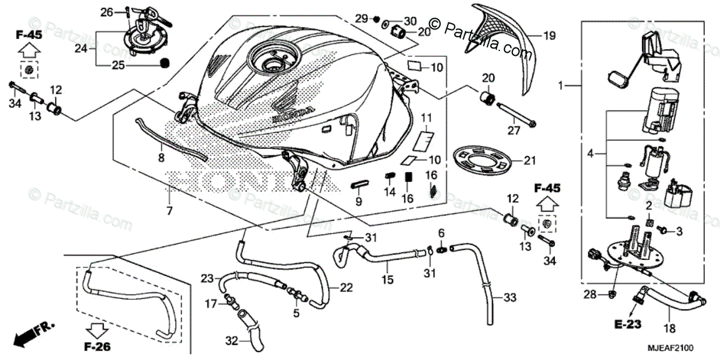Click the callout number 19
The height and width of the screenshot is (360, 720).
(x=550, y=36)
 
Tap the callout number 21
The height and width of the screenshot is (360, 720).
(x=529, y=160)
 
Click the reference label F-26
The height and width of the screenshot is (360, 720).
(x=97, y=346)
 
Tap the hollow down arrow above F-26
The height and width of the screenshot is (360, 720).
(x=97, y=329)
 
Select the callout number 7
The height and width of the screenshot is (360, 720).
(x=169, y=211)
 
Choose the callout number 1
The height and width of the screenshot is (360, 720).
(x=560, y=86)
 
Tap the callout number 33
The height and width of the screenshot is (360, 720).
(x=509, y=297)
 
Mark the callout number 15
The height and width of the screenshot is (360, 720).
(x=388, y=279)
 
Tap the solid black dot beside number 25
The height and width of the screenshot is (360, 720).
(x=166, y=62)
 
